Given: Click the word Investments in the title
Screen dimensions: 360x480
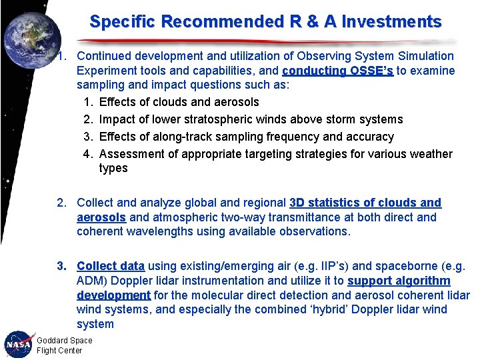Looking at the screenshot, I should pos(391,21).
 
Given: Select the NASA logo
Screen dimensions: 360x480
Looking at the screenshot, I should pos(18,345).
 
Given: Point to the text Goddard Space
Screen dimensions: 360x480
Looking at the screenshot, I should pos(65,341).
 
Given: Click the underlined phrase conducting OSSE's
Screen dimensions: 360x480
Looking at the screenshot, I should pos(338,71).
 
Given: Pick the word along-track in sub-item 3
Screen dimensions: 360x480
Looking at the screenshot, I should pos(179,137).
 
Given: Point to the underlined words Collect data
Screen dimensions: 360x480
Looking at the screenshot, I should pos(111,266).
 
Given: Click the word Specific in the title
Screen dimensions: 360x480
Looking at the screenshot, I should pos(123,21).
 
